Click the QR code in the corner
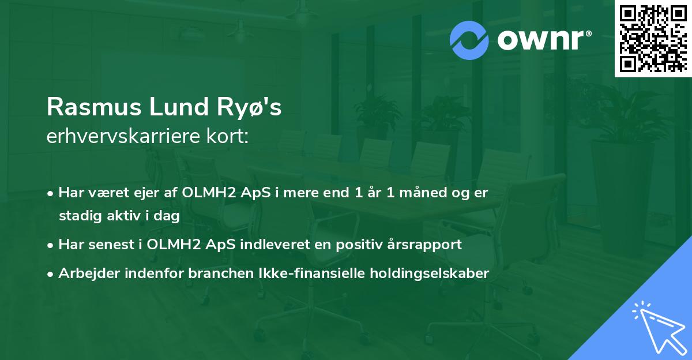pos(652,39)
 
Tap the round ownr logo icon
pos(469,40)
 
